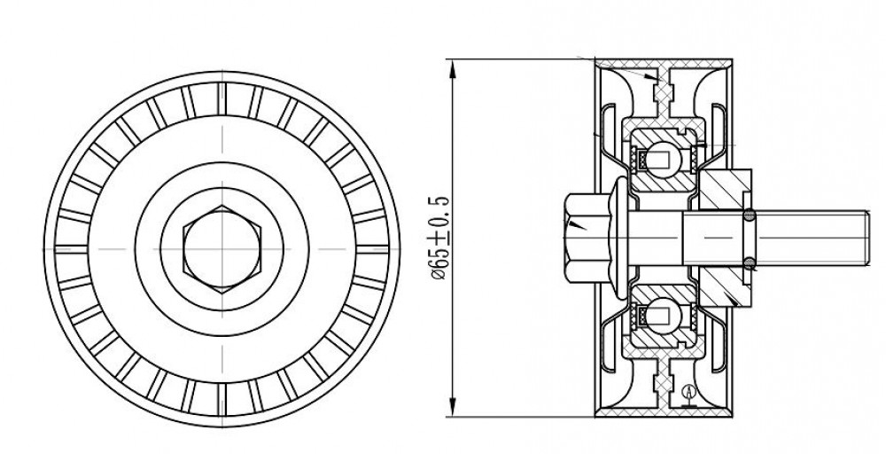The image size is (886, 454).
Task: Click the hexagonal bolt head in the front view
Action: tap(222, 249)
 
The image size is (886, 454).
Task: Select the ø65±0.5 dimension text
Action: tap(440, 238)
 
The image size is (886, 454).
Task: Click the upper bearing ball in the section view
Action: tap(662, 155)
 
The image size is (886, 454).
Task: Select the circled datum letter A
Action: tap(688, 391)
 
